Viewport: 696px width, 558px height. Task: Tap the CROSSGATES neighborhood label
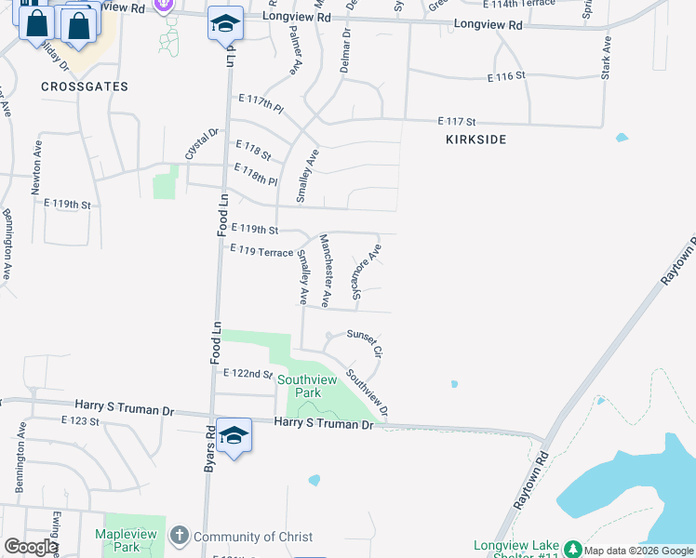pos(85,86)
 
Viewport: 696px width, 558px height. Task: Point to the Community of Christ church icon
pos(179,537)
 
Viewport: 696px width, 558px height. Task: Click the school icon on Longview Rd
pos(225,24)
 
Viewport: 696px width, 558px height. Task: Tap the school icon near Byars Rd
pos(234,435)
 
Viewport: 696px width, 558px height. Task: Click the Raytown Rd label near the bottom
pos(531,478)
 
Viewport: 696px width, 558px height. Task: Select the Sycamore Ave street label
pos(367,272)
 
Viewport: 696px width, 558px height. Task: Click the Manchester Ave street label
pos(326,271)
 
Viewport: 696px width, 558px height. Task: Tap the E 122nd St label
pos(248,373)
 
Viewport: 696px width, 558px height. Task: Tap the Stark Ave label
pos(606,57)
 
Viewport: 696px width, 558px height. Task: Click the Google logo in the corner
pos(31,547)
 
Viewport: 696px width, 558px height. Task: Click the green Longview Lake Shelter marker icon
pos(573,549)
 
